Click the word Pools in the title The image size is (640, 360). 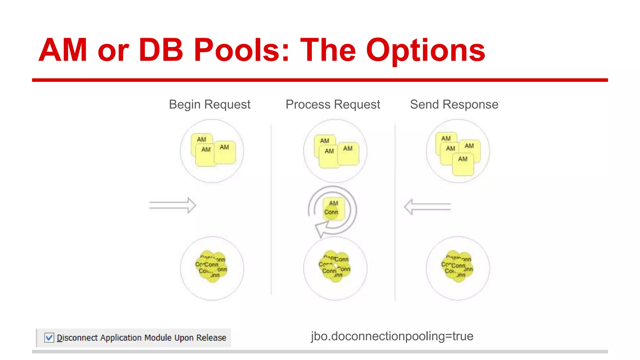[241, 50]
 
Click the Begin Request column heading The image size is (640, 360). [209, 104]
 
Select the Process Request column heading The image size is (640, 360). [332, 104]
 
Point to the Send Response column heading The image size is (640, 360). [454, 104]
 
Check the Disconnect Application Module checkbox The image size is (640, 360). [49, 338]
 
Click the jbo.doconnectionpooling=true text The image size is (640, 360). [392, 336]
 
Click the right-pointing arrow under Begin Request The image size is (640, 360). [172, 205]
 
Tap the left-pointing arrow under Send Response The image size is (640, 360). [427, 207]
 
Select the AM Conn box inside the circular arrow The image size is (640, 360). [333, 208]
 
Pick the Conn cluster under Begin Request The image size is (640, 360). [212, 267]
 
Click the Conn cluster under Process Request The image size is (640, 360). [335, 267]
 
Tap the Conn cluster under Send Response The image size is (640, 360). [457, 267]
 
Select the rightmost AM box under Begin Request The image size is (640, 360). [225, 152]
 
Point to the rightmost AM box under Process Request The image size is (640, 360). [348, 154]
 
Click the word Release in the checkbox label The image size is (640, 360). [211, 338]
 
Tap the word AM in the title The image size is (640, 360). [63, 50]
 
